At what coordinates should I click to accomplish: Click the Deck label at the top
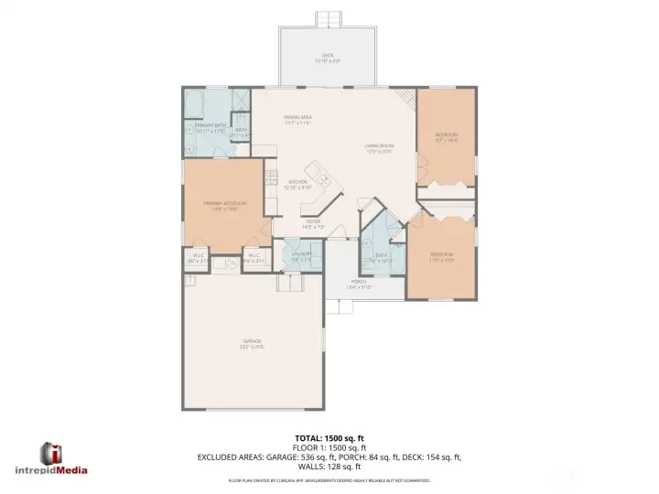pyautogui.click(x=328, y=58)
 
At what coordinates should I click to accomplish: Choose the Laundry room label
pyautogui.click(x=302, y=255)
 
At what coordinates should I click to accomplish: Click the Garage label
pyautogui.click(x=252, y=344)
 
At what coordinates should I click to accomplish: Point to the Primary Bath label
pyautogui.click(x=211, y=127)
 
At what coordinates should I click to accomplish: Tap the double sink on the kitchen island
pyautogui.click(x=323, y=178)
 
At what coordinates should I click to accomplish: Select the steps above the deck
pyautogui.click(x=328, y=19)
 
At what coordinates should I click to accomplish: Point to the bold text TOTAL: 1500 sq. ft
pyautogui.click(x=329, y=438)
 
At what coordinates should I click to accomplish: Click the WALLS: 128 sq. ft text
pyautogui.click(x=329, y=466)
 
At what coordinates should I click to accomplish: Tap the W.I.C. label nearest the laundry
pyautogui.click(x=254, y=259)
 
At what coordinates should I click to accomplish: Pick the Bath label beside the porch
pyautogui.click(x=382, y=257)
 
